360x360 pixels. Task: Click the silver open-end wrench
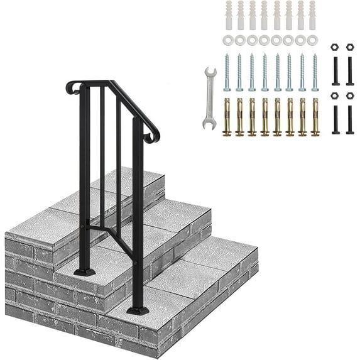click(x=209, y=97)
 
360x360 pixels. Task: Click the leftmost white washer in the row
click(x=227, y=40)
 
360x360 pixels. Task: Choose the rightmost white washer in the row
click(x=313, y=40)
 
